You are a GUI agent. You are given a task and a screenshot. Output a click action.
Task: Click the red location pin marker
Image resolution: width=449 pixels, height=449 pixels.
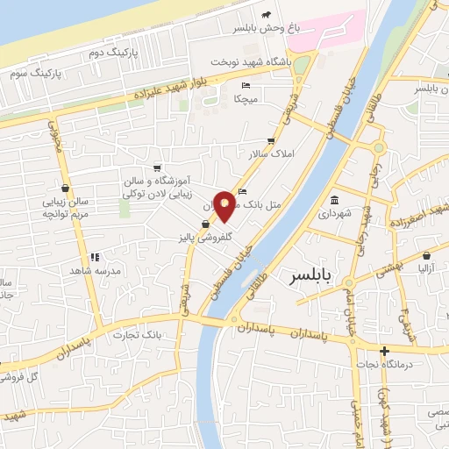(225, 205)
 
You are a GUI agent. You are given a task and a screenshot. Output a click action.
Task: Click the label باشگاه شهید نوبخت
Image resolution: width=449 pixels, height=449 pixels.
(253, 63)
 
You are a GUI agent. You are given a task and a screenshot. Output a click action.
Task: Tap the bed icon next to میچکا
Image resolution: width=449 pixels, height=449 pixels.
(246, 85)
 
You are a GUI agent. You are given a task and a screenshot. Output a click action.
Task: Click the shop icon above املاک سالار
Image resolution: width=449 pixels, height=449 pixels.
(271, 140)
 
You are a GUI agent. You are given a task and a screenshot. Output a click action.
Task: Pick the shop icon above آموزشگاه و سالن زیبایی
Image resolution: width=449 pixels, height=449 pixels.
(156, 167)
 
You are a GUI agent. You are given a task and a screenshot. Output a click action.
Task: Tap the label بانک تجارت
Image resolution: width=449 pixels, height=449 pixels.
(139, 334)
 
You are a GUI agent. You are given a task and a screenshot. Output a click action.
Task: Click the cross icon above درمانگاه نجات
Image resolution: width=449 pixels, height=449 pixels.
(384, 352)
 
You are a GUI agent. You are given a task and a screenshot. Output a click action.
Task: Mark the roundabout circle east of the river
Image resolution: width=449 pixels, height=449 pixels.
(378, 147)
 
